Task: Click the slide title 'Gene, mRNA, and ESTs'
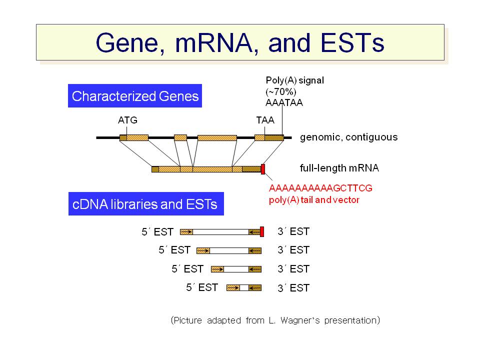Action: (240, 43)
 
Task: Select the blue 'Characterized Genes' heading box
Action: (135, 96)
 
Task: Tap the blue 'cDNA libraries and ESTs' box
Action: (146, 204)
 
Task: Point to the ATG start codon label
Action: (127, 120)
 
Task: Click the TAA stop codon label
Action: (265, 120)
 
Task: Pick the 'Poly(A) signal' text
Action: (295, 80)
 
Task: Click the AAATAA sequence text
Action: (284, 102)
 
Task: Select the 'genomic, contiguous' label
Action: (348, 137)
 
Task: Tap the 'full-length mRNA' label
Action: (339, 168)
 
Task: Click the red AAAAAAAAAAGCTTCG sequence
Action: (320, 188)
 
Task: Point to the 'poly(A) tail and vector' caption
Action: (314, 200)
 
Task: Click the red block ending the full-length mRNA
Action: (263, 169)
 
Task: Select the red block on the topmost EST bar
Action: (262, 231)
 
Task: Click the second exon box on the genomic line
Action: (180, 138)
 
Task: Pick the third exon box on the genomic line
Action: (217, 138)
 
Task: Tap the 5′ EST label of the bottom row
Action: (202, 287)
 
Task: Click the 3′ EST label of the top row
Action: (293, 231)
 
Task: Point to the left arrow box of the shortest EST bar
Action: (233, 288)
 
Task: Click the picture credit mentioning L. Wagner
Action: (275, 320)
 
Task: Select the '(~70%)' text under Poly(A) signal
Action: (280, 91)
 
